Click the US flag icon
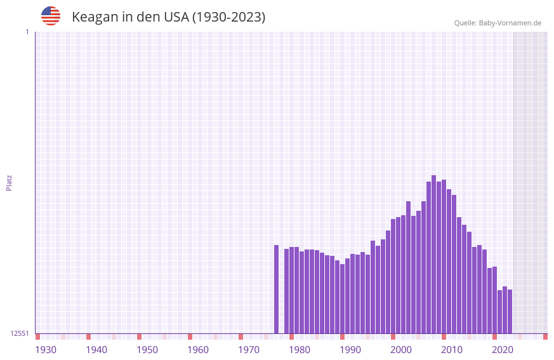(51, 16)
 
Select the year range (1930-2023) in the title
(228, 17)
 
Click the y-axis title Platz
(9, 182)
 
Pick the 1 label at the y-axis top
(27, 32)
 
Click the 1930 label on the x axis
(46, 350)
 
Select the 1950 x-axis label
(147, 350)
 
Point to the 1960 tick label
(198, 350)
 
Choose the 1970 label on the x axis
(249, 350)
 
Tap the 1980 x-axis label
(300, 350)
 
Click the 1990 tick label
(350, 350)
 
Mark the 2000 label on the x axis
(401, 350)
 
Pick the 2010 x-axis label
(452, 350)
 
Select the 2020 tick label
(503, 350)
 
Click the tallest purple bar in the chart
(433, 254)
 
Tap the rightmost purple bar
(510, 311)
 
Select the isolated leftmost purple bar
(276, 289)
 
